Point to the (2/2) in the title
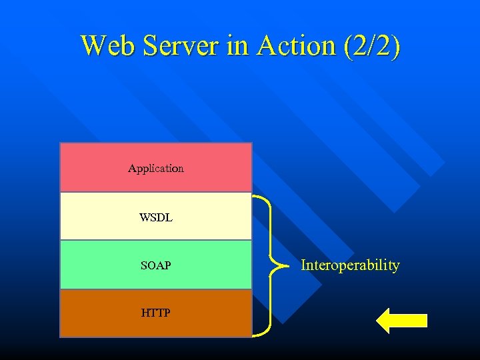coord(371,46)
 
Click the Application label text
coord(156,169)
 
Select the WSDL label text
coord(156,217)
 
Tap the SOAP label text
coord(156,265)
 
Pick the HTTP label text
coord(156,312)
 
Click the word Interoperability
coord(350,265)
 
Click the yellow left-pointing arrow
coord(402,321)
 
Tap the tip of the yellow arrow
coord(378,321)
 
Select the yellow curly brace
coord(271,265)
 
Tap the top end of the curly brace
coord(254,196)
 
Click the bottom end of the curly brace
coord(254,333)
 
